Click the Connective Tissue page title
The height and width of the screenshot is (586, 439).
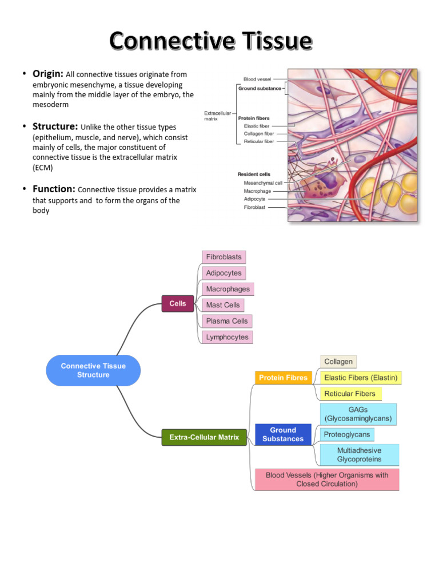click(x=211, y=41)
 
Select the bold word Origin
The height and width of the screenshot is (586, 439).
click(x=48, y=74)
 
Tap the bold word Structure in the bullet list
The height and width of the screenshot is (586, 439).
click(x=55, y=126)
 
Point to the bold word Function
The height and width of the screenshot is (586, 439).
click(x=54, y=189)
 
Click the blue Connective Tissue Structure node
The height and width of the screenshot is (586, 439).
click(x=93, y=370)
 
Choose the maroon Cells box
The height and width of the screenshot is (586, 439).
click(x=178, y=304)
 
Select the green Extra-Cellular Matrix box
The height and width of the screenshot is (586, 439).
click(x=204, y=438)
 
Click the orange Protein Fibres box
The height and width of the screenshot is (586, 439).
click(x=283, y=378)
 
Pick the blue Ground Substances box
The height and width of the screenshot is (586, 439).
click(x=283, y=434)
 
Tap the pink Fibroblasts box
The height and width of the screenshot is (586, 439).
click(x=224, y=257)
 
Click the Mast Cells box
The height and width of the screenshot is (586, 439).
click(x=223, y=305)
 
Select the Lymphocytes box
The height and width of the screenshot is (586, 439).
click(x=227, y=337)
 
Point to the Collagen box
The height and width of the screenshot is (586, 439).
click(x=338, y=362)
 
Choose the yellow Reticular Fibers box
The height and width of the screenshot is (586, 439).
click(x=350, y=394)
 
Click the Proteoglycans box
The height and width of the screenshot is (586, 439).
click(x=347, y=434)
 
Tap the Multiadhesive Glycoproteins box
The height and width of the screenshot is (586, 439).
click(x=360, y=454)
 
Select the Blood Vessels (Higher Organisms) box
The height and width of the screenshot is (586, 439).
click(x=326, y=480)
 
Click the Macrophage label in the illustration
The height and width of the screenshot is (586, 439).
click(x=257, y=191)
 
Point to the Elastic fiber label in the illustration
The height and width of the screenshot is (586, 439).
click(x=257, y=126)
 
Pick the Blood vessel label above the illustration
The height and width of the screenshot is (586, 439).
click(x=257, y=79)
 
